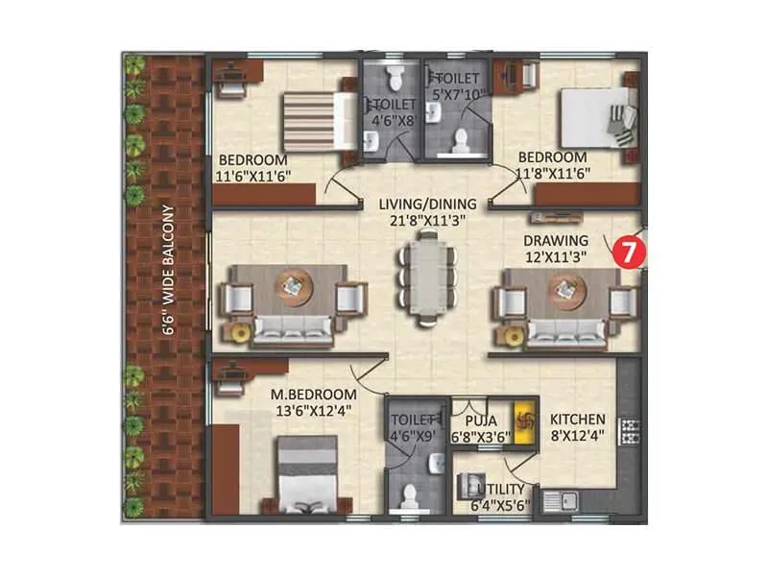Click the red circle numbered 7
coord(628,252)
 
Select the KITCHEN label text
coord(577,420)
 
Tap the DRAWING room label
coord(555,239)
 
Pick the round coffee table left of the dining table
coord(291,286)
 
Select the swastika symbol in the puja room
coord(524,420)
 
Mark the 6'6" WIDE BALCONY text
coord(168,268)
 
